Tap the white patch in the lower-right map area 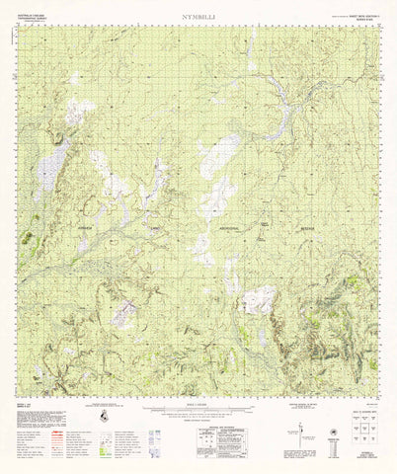260,299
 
